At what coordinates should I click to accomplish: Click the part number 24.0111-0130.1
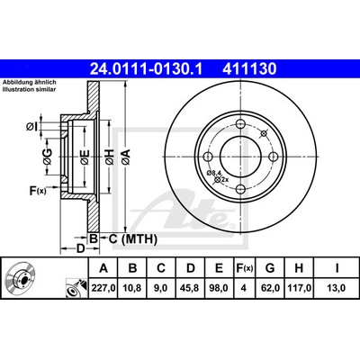pyautogui.click(x=147, y=68)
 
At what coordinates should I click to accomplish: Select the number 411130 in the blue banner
pyautogui.click(x=249, y=68)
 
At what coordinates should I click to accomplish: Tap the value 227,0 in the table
pyautogui.click(x=103, y=288)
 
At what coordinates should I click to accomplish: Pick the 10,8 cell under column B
pyautogui.click(x=132, y=288)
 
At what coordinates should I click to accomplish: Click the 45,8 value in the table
pyautogui.click(x=191, y=288)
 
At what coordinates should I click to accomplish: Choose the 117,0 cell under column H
pyautogui.click(x=299, y=288)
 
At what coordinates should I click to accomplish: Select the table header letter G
pyautogui.click(x=270, y=268)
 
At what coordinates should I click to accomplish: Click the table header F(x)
pyautogui.click(x=243, y=268)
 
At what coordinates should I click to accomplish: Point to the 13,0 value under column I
pyautogui.click(x=337, y=288)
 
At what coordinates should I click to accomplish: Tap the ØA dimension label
pyautogui.click(x=126, y=157)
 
